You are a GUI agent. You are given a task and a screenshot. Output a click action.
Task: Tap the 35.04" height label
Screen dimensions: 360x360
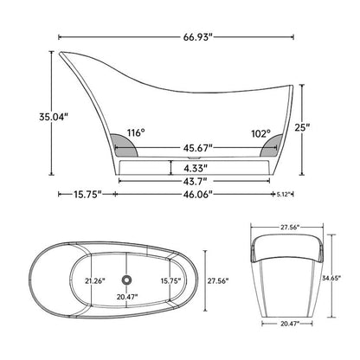click(x=54, y=117)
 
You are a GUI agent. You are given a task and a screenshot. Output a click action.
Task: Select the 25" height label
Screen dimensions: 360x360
click(x=302, y=127)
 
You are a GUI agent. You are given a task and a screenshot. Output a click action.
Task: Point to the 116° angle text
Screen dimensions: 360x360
click(x=136, y=133)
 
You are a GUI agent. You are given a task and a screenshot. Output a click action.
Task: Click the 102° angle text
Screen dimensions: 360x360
click(x=261, y=133)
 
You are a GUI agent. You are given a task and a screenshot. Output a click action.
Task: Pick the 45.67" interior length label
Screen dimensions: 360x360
click(x=198, y=148)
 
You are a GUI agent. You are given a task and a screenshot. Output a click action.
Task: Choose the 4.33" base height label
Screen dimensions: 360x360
click(x=196, y=168)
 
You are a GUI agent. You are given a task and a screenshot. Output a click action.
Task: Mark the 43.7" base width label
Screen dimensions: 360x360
click(x=196, y=181)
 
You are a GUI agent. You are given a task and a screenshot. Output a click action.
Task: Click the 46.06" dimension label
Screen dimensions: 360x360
click(x=198, y=194)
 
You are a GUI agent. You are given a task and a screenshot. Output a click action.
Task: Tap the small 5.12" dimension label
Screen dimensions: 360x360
click(x=283, y=195)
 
